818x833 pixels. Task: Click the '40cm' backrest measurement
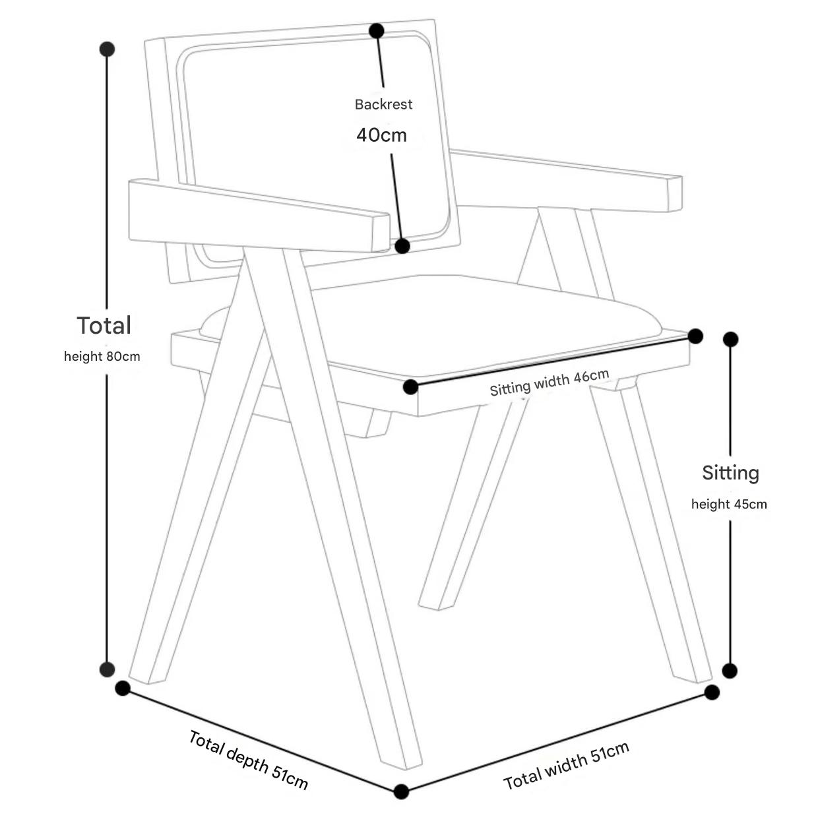(x=381, y=135)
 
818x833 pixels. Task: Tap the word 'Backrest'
(x=383, y=104)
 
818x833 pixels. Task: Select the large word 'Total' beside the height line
(x=104, y=325)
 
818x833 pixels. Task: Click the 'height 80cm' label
(x=102, y=357)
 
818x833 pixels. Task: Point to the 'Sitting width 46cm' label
(x=549, y=383)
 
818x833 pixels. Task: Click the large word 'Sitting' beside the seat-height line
(x=730, y=473)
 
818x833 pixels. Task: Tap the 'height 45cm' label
(x=729, y=505)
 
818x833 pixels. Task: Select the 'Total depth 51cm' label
(x=248, y=760)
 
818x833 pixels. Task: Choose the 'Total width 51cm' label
(x=566, y=764)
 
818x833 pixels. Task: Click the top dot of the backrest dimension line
(x=377, y=30)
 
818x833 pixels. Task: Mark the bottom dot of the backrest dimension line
(x=402, y=246)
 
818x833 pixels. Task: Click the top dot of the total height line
(x=107, y=49)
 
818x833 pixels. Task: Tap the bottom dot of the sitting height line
(x=730, y=671)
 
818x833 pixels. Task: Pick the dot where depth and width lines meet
(x=401, y=791)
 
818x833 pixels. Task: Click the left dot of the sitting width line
(x=410, y=387)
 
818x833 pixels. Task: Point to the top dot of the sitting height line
(x=730, y=340)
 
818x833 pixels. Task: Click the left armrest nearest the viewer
(x=257, y=216)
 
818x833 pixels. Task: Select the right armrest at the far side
(x=567, y=181)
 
